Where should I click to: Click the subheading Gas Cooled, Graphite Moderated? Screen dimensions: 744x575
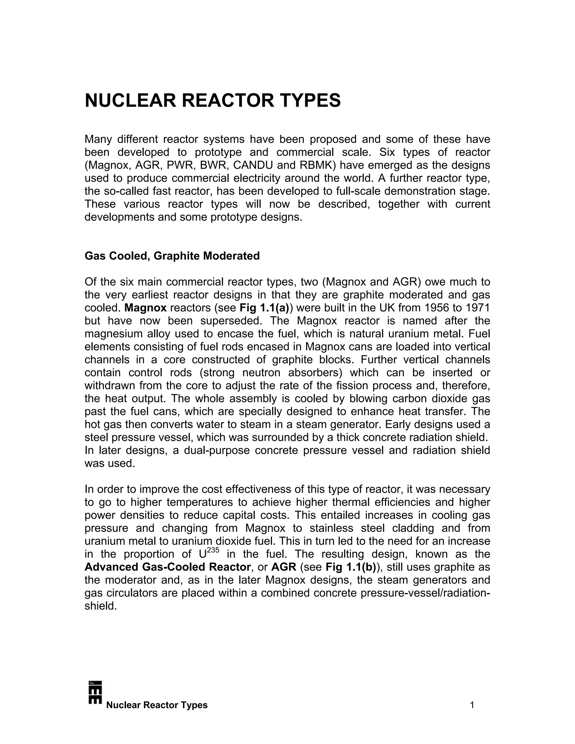pos(172,256)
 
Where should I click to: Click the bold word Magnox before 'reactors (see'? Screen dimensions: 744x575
pos(145,308)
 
